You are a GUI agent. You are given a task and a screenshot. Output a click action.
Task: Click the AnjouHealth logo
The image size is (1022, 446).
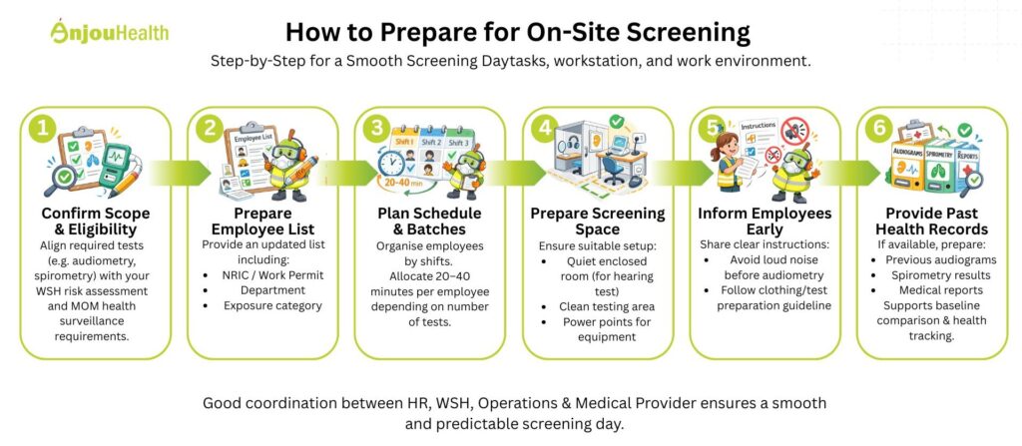point(109,32)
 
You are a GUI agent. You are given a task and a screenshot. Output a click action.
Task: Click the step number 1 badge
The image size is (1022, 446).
point(40,128)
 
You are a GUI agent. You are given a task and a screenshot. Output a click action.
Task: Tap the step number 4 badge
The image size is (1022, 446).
point(543,128)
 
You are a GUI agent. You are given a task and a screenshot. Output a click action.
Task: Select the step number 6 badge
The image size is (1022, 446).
point(878,128)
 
